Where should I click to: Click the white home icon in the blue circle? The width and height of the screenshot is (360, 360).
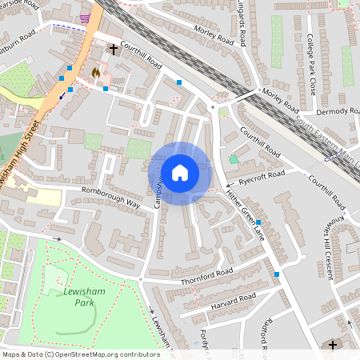point(180,172)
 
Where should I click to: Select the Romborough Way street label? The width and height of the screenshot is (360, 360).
point(110,199)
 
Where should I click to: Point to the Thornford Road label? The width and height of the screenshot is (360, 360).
point(206,275)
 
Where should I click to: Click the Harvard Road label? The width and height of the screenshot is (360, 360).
point(234,301)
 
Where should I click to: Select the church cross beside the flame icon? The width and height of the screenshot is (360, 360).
point(113,50)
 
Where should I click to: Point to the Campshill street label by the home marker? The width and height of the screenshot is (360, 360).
point(159,186)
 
